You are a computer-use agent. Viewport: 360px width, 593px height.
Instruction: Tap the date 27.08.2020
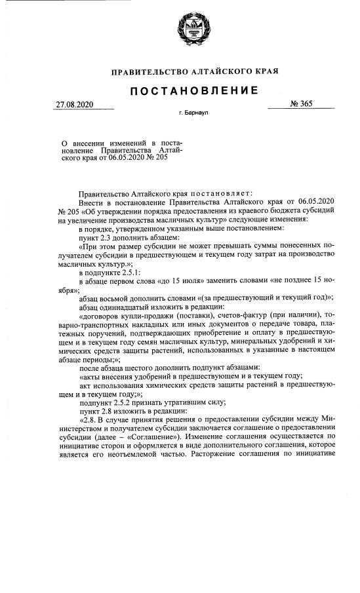74,104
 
